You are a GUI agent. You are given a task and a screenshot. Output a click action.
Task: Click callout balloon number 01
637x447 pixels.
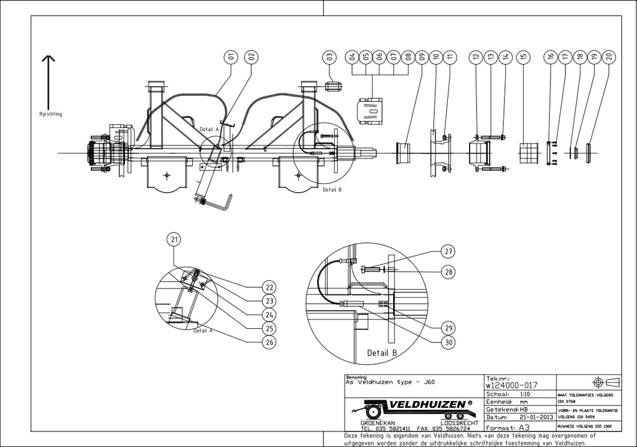tap(231, 57)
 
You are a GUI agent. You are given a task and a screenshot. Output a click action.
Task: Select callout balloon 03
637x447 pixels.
tap(330, 57)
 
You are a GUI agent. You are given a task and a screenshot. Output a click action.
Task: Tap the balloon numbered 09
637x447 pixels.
tap(422, 57)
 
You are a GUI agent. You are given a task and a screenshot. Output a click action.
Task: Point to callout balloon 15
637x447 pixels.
tap(524, 57)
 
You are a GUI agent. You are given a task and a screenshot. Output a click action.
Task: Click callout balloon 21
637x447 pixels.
tap(174, 239)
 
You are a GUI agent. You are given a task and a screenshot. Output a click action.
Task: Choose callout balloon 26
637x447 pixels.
tap(269, 342)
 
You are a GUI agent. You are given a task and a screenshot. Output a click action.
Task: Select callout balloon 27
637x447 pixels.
tap(448, 252)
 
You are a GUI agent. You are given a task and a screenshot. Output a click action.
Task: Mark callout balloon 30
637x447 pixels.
tap(448, 342)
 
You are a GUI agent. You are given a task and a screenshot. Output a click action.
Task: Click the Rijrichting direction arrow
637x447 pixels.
tap(49, 81)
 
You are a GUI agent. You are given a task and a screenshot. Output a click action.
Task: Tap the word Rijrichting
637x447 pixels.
tap(50, 114)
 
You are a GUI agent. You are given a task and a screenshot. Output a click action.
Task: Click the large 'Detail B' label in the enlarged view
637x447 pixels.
tap(382, 353)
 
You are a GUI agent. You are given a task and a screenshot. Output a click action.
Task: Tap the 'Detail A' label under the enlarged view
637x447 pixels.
tap(203, 331)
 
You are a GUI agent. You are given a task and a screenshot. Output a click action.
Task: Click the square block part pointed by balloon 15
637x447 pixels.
tap(528, 153)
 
